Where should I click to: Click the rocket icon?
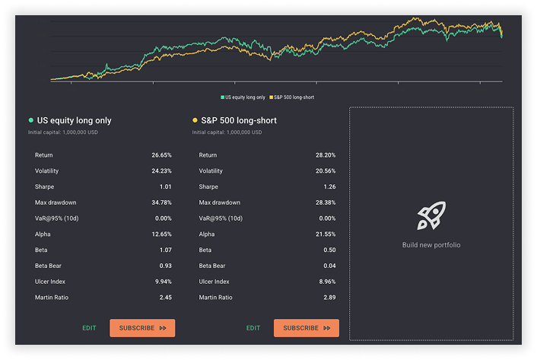point(431,217)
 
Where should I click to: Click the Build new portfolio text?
point(431,245)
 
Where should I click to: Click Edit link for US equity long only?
point(90,328)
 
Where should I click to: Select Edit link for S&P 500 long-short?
point(253,328)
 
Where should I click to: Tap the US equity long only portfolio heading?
point(75,120)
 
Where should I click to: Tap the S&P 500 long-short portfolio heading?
point(239,120)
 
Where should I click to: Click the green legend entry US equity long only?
point(244,97)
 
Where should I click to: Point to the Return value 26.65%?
point(161,155)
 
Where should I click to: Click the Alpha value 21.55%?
point(326,234)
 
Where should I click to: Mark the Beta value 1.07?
point(164,250)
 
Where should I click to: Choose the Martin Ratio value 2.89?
point(329,297)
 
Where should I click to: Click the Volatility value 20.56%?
point(326,171)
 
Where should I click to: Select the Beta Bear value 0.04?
point(329,266)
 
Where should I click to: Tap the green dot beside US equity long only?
point(30,120)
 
